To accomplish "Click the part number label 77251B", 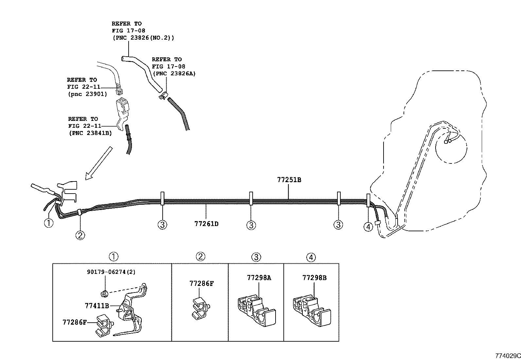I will [x=289, y=180].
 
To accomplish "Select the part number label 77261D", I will [x=206, y=224].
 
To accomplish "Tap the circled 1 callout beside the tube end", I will [x=48, y=223].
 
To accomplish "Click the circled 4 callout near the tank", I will [x=368, y=226].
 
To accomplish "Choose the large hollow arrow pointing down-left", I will [x=98, y=163].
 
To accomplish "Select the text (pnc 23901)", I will [x=87, y=94].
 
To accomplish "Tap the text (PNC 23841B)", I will [x=90, y=133].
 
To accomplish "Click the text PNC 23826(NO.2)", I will [x=143, y=38].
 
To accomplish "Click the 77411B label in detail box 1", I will [x=97, y=306].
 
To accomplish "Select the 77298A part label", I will [x=259, y=278].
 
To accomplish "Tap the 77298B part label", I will [x=314, y=278].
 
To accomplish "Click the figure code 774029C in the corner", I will [x=507, y=355].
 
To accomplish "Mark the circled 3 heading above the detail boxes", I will [x=256, y=257].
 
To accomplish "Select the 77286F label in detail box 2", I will [x=201, y=284].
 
